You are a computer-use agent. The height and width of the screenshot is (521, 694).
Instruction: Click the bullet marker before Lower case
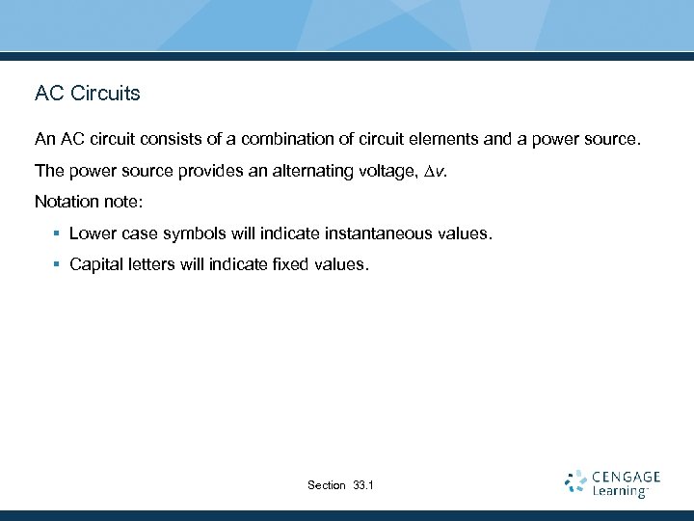(58, 233)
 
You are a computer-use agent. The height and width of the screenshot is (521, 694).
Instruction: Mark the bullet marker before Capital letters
(58, 265)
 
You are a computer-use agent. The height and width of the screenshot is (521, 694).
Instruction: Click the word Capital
(95, 265)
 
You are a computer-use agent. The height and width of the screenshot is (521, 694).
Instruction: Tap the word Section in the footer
(326, 485)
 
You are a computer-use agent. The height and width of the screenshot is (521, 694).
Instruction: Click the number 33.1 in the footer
(364, 485)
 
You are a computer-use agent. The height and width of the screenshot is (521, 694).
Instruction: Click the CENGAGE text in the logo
(627, 477)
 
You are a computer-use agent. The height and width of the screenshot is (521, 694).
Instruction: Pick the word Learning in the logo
(619, 491)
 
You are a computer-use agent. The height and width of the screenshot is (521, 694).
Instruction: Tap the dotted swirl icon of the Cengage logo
(576, 482)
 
